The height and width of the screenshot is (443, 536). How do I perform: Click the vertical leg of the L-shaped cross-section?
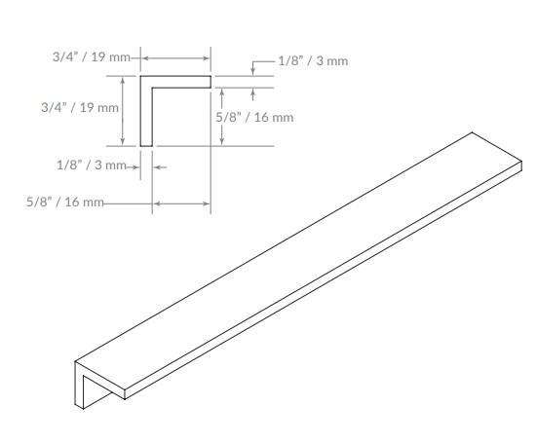pos(146,112)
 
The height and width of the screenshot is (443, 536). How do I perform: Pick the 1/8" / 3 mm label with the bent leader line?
pos(313,61)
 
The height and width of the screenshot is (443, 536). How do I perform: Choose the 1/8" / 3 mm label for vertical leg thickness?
pos(91,166)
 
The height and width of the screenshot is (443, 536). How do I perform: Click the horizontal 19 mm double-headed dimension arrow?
pos(177,59)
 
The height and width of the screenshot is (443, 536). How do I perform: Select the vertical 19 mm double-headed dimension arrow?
pos(123,110)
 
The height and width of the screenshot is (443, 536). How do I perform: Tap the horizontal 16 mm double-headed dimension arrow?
pos(181,203)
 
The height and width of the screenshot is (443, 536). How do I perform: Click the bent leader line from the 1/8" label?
pos(256,64)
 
